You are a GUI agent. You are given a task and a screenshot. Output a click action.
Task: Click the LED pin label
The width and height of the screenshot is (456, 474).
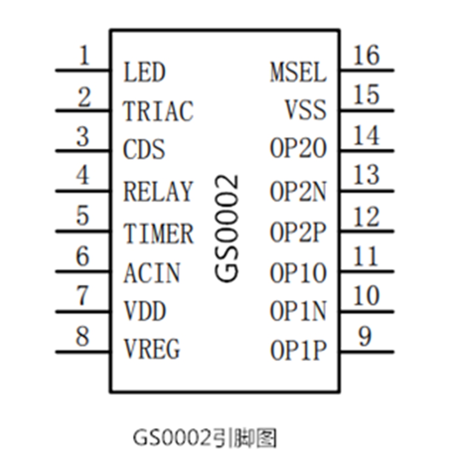click(144, 72)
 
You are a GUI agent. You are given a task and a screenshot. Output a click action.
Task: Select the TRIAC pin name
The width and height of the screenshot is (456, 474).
click(158, 111)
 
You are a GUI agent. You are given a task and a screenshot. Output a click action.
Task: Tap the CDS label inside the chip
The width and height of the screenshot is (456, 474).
click(144, 150)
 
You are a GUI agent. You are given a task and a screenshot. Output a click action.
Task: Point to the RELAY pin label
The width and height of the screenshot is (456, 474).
click(158, 191)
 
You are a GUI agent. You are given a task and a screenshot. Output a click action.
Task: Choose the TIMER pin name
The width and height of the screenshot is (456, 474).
click(158, 233)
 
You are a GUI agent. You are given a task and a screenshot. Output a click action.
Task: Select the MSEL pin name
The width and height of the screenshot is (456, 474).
click(298, 72)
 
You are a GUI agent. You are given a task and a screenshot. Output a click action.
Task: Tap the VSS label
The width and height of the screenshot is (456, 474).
click(306, 110)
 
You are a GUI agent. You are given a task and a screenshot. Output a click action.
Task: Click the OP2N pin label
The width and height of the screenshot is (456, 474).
click(298, 191)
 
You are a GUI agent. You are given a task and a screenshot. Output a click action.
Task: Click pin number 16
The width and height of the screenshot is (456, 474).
click(366, 55)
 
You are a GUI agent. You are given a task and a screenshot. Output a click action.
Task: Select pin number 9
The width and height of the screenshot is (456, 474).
click(365, 337)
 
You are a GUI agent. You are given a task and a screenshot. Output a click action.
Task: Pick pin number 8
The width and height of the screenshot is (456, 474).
click(83, 337)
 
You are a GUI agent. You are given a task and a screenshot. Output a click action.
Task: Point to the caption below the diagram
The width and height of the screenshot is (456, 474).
click(205, 438)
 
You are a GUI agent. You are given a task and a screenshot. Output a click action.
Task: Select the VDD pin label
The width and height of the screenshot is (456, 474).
click(145, 310)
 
